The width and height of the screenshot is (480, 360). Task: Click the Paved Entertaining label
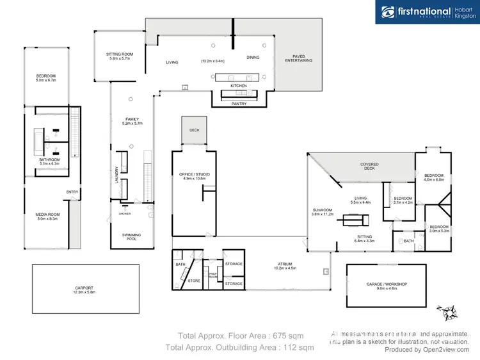(298, 58)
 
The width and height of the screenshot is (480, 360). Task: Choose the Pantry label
(239, 102)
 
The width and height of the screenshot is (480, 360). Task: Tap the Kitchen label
(238, 85)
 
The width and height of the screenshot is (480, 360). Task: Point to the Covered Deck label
(369, 164)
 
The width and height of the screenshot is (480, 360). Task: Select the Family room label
(132, 119)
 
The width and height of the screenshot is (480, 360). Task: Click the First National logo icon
(388, 12)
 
